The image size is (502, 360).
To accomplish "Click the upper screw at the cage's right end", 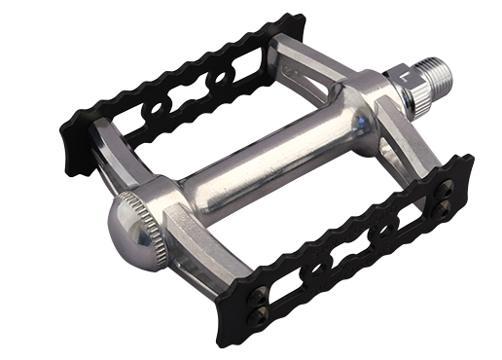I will (x=449, y=191).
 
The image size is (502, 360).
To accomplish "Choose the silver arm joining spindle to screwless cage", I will (x=302, y=68).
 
